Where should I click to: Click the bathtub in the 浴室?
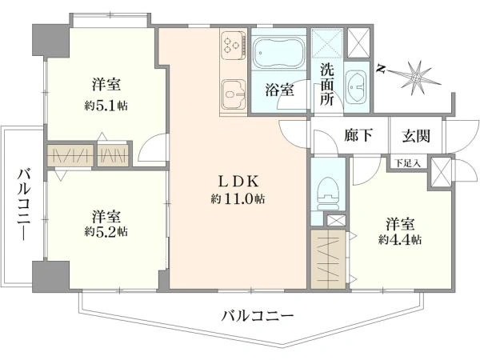[x=278, y=54]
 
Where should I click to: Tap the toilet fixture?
[x=328, y=194]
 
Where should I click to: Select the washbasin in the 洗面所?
[x=356, y=86]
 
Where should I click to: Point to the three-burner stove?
[x=234, y=46]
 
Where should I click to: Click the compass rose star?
[x=418, y=78]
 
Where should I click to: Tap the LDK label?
[x=238, y=182]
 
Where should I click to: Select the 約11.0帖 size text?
[x=238, y=199]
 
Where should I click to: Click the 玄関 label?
[x=416, y=136]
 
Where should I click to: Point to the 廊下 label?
[x=358, y=135]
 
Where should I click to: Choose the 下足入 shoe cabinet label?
[x=407, y=163]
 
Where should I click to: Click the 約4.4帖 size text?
[x=400, y=239]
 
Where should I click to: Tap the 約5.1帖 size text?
[x=106, y=106]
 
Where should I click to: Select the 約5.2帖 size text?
[x=106, y=232]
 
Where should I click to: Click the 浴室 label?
[x=280, y=90]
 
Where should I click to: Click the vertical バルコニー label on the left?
[x=24, y=204]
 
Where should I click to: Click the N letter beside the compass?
[x=381, y=69]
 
